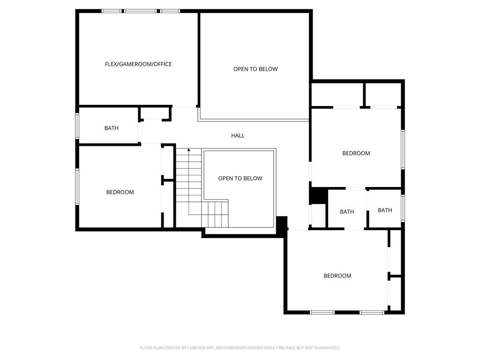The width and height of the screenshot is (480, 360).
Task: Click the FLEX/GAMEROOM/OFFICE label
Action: (x=138, y=64)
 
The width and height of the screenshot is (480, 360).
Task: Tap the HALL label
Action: (x=238, y=135)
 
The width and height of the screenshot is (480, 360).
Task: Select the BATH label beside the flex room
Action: (x=112, y=128)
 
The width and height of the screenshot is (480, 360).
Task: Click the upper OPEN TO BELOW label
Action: (x=255, y=69)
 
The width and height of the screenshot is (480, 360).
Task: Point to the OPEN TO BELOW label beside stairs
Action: (x=240, y=178)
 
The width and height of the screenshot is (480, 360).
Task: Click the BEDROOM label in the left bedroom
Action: (x=120, y=192)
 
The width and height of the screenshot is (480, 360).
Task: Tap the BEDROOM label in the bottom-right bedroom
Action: (x=337, y=276)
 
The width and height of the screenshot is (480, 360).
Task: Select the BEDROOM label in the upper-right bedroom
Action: (x=356, y=153)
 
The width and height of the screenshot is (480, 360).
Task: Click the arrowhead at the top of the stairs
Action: (x=189, y=150)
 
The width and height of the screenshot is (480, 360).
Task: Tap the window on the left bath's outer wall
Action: (x=77, y=126)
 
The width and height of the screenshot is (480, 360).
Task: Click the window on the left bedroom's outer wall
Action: (x=77, y=187)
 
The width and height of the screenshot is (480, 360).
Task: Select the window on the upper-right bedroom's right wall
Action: (x=403, y=150)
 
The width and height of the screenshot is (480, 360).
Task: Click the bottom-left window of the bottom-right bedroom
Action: (x=322, y=312)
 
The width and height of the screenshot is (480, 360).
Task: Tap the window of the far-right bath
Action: (x=403, y=208)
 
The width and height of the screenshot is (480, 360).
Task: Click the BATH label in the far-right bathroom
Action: (x=385, y=210)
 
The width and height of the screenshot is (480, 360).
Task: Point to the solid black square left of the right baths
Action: (x=319, y=195)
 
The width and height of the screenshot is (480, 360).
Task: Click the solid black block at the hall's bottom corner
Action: (x=282, y=223)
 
